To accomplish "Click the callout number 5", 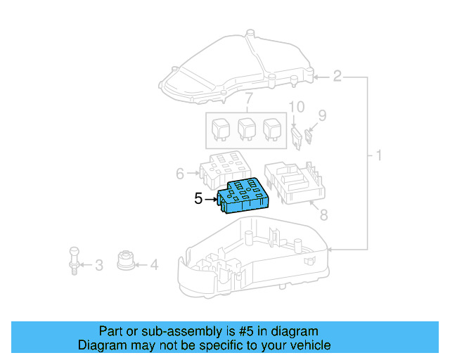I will (x=198, y=199).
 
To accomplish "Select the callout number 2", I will (x=337, y=76).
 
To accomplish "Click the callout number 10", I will (x=297, y=108).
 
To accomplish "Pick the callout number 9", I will (x=322, y=115).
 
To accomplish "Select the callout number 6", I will (x=179, y=173).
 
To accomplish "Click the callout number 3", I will (x=98, y=265).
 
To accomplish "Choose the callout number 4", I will (x=154, y=265).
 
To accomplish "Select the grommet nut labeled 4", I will (x=126, y=259).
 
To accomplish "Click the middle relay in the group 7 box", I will (x=247, y=129).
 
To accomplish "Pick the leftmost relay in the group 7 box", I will (x=221, y=129).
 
